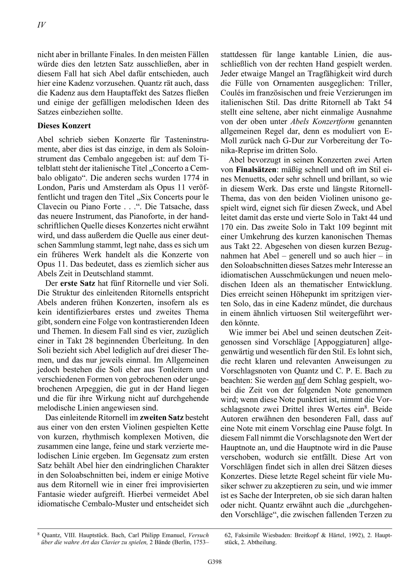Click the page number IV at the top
point(41,25)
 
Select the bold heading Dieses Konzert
point(64,126)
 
